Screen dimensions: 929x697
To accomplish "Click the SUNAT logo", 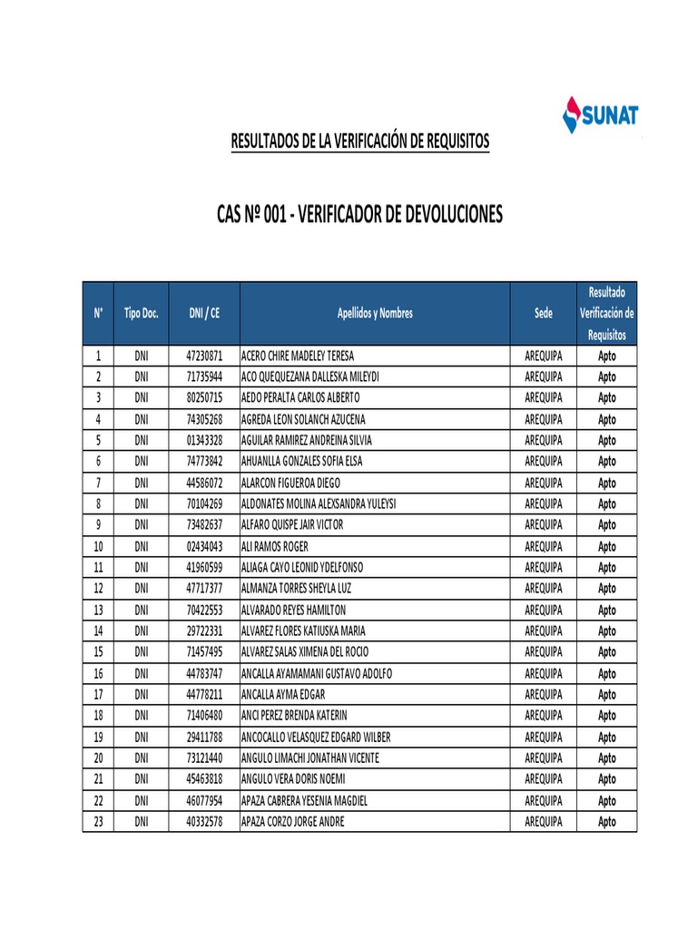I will pos(601,115).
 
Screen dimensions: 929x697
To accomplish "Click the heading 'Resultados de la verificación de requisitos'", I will pos(360,142).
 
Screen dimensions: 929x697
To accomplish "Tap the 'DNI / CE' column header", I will pos(204,313).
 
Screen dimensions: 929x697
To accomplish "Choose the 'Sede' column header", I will pos(543,313).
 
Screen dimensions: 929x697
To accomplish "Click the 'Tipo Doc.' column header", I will pos(142,313).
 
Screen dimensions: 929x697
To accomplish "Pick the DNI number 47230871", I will pos(204,356).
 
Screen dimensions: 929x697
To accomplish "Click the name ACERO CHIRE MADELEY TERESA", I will pos(298,356).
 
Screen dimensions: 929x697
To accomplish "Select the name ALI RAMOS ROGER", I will pos(275,546).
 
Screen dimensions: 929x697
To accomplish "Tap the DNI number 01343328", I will pos(204,440).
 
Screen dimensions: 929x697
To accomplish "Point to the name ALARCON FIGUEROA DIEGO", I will pos(291,483).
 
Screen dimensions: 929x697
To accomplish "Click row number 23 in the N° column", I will pos(98,822).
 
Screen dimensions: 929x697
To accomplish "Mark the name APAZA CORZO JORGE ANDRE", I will pos(292,822).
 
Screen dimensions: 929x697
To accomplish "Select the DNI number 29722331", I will pos(204,631).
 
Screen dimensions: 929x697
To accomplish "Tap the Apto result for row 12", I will pos(607,589).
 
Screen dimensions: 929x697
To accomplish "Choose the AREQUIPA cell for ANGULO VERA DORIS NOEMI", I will pos(543,779).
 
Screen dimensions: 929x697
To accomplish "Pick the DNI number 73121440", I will pos(204,758).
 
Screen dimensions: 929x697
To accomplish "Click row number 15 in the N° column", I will pos(98,652).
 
